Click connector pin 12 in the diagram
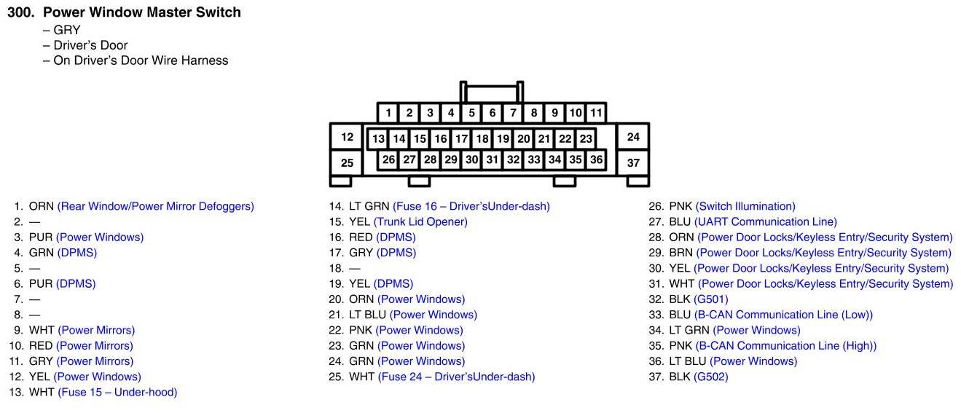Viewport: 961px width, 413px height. (347, 137)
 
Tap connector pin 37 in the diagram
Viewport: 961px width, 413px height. (633, 162)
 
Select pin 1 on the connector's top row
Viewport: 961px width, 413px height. (389, 113)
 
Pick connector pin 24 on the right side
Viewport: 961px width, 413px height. (633, 137)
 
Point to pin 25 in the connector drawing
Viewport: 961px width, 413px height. (347, 162)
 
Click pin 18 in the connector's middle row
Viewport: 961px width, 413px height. (482, 138)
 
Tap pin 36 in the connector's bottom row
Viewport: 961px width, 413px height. (597, 160)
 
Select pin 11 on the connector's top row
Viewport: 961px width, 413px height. (596, 113)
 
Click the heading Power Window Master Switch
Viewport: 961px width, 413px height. (142, 12)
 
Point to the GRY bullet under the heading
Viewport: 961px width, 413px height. (66, 30)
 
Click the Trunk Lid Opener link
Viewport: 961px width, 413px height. (420, 221)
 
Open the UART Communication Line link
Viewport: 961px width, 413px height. (766, 221)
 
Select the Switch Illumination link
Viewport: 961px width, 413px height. (745, 206)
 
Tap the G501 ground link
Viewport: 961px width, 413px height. (711, 299)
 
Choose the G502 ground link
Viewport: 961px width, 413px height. (711, 377)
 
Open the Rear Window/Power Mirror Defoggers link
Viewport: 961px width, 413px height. (156, 206)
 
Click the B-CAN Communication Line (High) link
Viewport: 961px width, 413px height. (786, 346)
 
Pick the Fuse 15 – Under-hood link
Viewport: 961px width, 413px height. (117, 392)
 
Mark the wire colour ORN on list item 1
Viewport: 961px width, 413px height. (41, 206)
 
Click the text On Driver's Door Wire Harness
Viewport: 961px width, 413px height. (141, 60)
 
